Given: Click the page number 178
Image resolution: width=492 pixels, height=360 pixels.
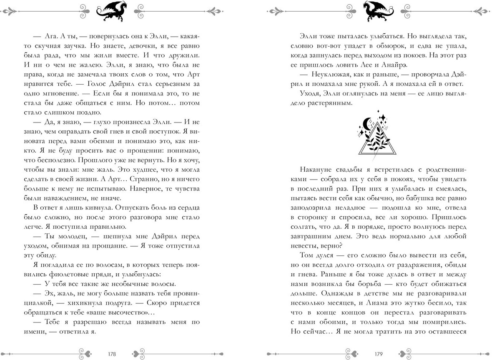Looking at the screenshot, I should tap(111, 354).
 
